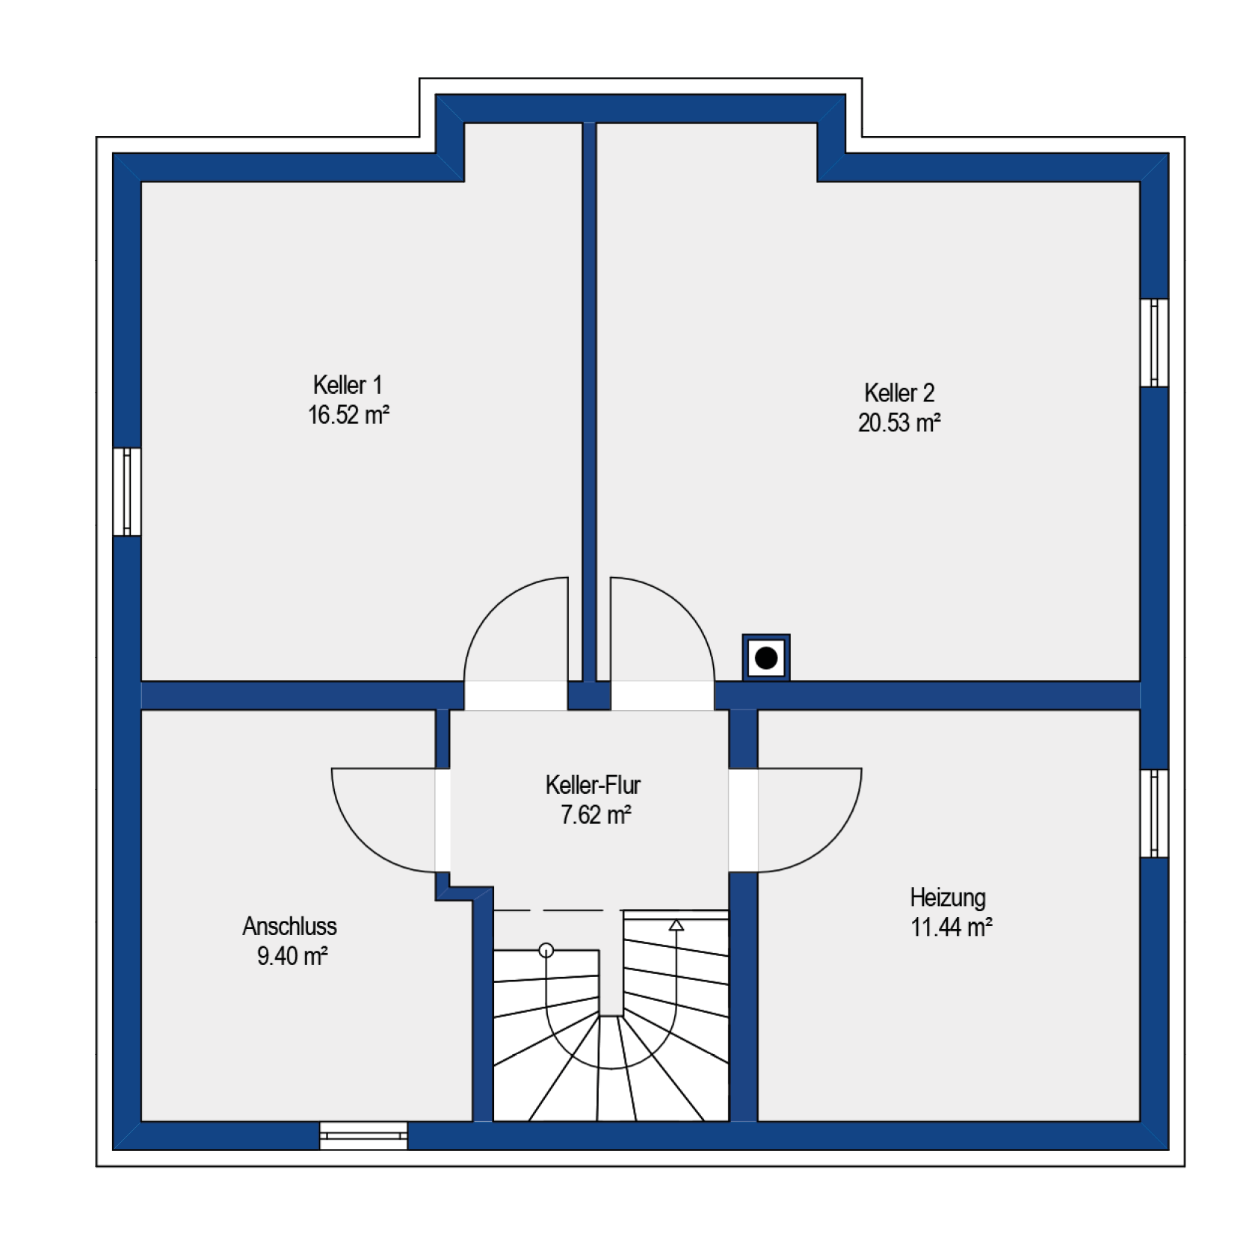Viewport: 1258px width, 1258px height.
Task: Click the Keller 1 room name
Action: click(348, 385)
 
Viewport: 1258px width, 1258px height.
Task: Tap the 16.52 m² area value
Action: click(348, 415)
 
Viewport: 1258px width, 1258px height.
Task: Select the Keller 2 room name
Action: click(899, 392)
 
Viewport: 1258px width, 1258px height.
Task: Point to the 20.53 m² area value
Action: click(899, 423)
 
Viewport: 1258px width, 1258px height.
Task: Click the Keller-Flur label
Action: click(593, 785)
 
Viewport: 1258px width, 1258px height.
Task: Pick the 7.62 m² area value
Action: click(596, 815)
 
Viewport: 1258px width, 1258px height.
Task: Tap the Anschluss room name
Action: click(289, 926)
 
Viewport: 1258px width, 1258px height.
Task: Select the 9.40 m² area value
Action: click(292, 956)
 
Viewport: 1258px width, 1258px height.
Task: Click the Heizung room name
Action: click(948, 898)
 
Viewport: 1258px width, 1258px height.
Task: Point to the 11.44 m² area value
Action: click(951, 928)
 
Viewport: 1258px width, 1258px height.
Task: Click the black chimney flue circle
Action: click(766, 658)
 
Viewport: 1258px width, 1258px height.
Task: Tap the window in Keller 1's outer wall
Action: click(127, 492)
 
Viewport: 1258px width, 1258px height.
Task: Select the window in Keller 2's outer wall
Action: click(1154, 343)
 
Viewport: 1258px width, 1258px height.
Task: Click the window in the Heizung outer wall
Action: click(1154, 813)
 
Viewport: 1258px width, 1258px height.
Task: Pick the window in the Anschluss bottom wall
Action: click(363, 1135)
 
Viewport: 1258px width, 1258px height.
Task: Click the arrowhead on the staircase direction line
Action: click(676, 925)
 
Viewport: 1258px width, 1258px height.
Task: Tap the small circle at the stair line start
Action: click(546, 950)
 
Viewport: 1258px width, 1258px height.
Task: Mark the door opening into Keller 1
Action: click(516, 643)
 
